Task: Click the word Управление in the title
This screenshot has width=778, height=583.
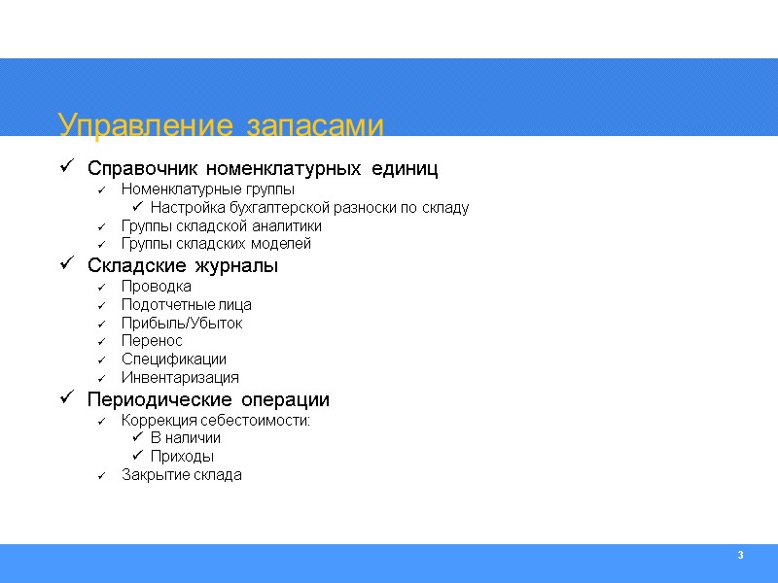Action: click(x=146, y=126)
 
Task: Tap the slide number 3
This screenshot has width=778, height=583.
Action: click(x=740, y=555)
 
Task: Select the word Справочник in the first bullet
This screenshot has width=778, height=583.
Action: click(x=143, y=169)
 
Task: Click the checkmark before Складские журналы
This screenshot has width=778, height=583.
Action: click(x=66, y=263)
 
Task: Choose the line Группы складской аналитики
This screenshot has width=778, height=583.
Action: click(x=221, y=225)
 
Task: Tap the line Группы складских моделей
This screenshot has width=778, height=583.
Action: click(x=216, y=244)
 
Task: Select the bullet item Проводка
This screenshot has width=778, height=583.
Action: click(x=156, y=287)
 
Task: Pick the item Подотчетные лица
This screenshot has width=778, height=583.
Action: click(x=186, y=305)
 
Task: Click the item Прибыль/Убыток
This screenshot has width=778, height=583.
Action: click(x=182, y=324)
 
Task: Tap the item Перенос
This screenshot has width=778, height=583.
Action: click(x=152, y=341)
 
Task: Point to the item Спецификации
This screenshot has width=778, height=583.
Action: click(x=173, y=360)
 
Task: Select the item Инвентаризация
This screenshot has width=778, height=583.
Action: click(x=180, y=378)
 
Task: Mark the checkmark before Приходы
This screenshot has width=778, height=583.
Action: click(x=137, y=456)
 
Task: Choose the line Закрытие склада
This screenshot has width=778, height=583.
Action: click(x=181, y=475)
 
